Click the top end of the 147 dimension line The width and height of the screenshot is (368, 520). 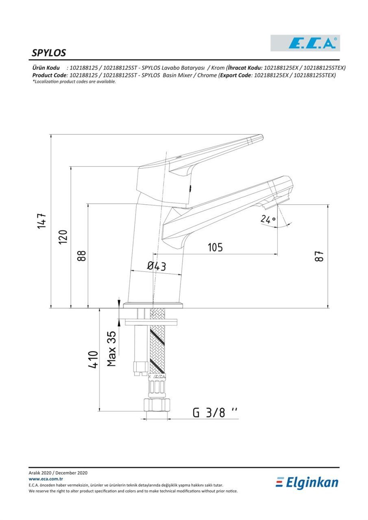coord(51,134)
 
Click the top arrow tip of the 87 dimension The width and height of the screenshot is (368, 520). coord(328,204)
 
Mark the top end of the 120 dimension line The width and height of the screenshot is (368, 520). coord(71,167)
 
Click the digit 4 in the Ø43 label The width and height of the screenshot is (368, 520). coord(157,266)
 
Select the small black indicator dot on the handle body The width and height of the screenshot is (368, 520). coord(190,188)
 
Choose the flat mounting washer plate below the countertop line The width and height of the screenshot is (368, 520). coord(151,322)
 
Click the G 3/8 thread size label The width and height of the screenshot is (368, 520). coord(215,412)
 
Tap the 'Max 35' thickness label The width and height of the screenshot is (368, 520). coord(112,349)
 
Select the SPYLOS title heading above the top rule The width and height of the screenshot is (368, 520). coord(49,53)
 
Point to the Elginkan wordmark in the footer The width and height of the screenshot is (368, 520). coord(307,483)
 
